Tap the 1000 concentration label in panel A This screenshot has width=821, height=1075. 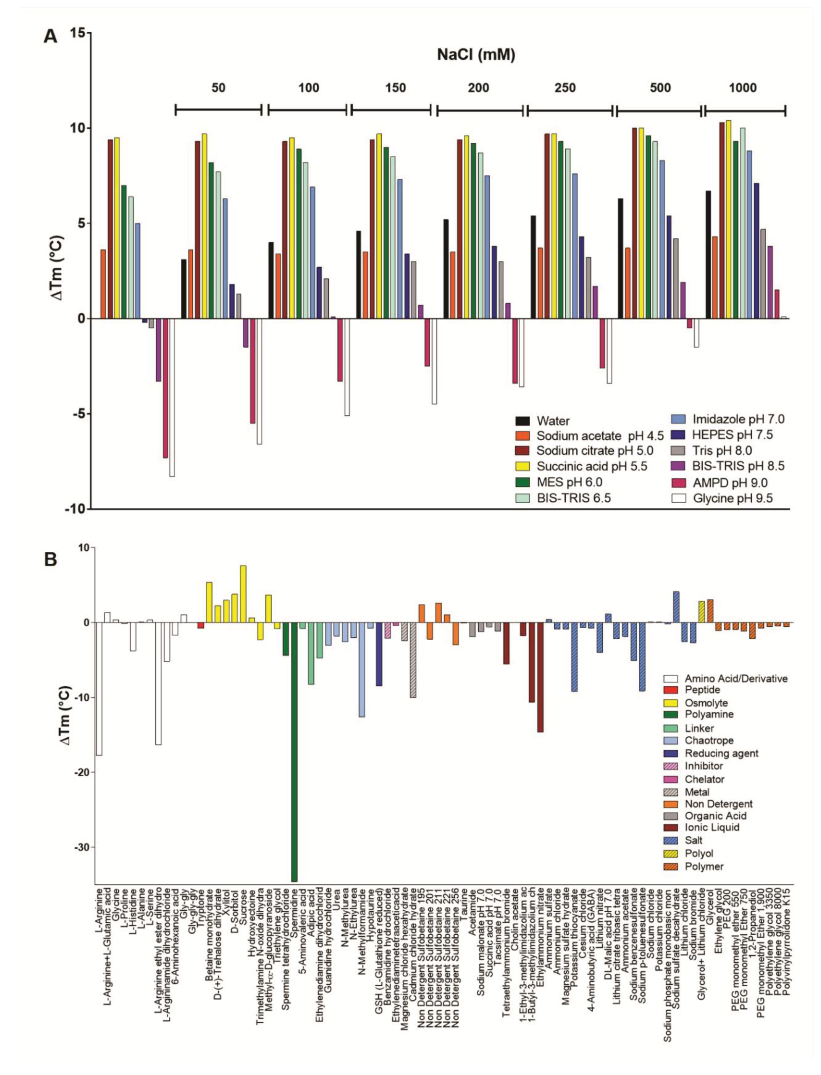tap(742, 88)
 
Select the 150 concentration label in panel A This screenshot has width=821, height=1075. tap(395, 88)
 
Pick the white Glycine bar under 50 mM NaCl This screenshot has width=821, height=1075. tap(259, 381)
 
